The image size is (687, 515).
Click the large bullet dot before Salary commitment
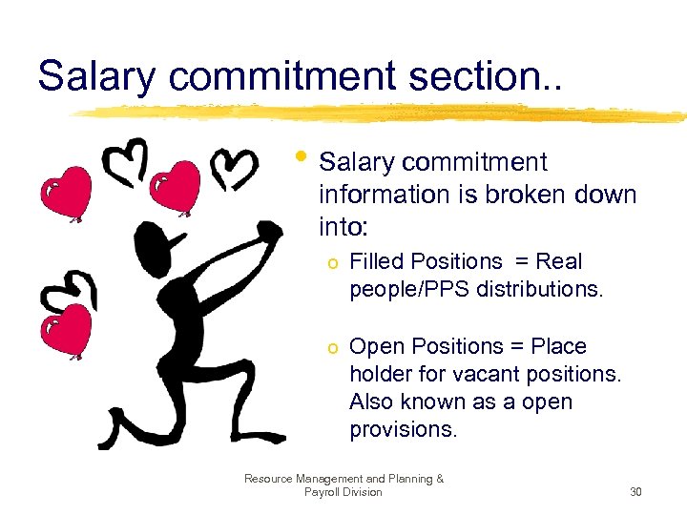(303, 154)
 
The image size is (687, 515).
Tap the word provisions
(404, 429)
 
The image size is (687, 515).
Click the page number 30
(636, 492)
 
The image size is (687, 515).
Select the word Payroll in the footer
(324, 492)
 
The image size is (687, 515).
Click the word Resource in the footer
(271, 479)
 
